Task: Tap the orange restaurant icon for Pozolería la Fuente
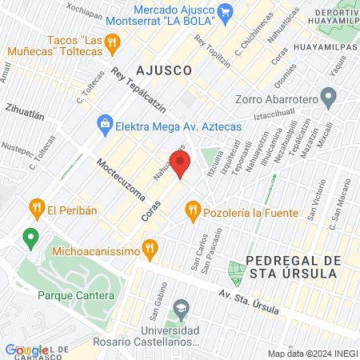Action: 192,212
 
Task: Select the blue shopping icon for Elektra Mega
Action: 105,124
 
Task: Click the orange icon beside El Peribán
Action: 36,210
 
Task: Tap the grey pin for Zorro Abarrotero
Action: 327,99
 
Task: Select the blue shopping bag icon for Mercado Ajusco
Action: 226,12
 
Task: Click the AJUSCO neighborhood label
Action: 164,70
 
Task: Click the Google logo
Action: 26,350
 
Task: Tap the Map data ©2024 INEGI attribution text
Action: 311,353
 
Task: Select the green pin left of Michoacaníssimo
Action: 30,237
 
